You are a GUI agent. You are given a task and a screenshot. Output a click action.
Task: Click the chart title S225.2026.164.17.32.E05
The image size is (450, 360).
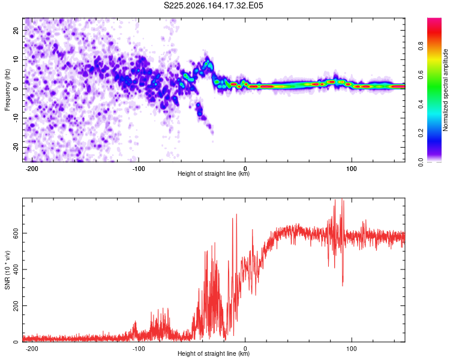pyautogui.click(x=213, y=5)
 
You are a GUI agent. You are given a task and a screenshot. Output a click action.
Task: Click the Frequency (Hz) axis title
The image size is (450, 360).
pyautogui.click(x=7, y=90)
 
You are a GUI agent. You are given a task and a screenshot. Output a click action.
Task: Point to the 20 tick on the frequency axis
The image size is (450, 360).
pyautogui.click(x=16, y=31)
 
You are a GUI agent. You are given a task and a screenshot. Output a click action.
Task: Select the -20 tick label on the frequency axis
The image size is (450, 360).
pyautogui.click(x=16, y=148)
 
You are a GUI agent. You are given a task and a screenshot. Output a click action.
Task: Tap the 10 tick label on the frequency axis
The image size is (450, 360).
pyautogui.click(x=16, y=60)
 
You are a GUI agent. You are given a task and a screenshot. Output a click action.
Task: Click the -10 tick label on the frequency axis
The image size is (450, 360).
pyautogui.click(x=16, y=118)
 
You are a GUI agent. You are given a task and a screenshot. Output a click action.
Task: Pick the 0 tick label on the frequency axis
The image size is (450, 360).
pyautogui.click(x=16, y=89)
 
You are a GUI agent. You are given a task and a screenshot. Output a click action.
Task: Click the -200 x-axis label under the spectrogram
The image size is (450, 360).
pyautogui.click(x=32, y=169)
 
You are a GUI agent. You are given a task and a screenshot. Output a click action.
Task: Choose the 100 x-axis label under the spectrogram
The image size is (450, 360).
pyautogui.click(x=351, y=169)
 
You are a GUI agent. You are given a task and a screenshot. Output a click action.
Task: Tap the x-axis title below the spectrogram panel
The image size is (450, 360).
pyautogui.click(x=214, y=173)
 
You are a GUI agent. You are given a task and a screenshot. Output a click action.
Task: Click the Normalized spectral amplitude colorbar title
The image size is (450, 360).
pyautogui.click(x=445, y=90)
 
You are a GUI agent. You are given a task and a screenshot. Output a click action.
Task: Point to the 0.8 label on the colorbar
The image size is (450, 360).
pyautogui.click(x=421, y=46)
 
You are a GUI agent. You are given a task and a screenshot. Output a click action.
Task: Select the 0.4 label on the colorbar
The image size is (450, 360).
pyautogui.click(x=421, y=104)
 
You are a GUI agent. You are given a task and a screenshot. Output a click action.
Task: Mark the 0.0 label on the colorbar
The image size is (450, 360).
pyautogui.click(x=421, y=163)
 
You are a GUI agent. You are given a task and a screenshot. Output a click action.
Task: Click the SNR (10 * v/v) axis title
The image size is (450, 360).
pyautogui.click(x=7, y=270)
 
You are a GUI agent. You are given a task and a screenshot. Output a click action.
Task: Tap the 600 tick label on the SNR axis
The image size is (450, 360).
pyautogui.click(x=16, y=233)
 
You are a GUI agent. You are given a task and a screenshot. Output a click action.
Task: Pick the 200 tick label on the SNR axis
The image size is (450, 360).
pyautogui.click(x=16, y=306)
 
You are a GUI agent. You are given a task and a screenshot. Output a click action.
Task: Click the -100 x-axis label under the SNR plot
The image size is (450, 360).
pyautogui.click(x=139, y=349)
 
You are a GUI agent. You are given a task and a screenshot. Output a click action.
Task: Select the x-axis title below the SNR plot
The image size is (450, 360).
pyautogui.click(x=214, y=353)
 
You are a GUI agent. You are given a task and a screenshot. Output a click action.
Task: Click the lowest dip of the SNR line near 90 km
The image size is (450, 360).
pyautogui.click(x=343, y=286)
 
